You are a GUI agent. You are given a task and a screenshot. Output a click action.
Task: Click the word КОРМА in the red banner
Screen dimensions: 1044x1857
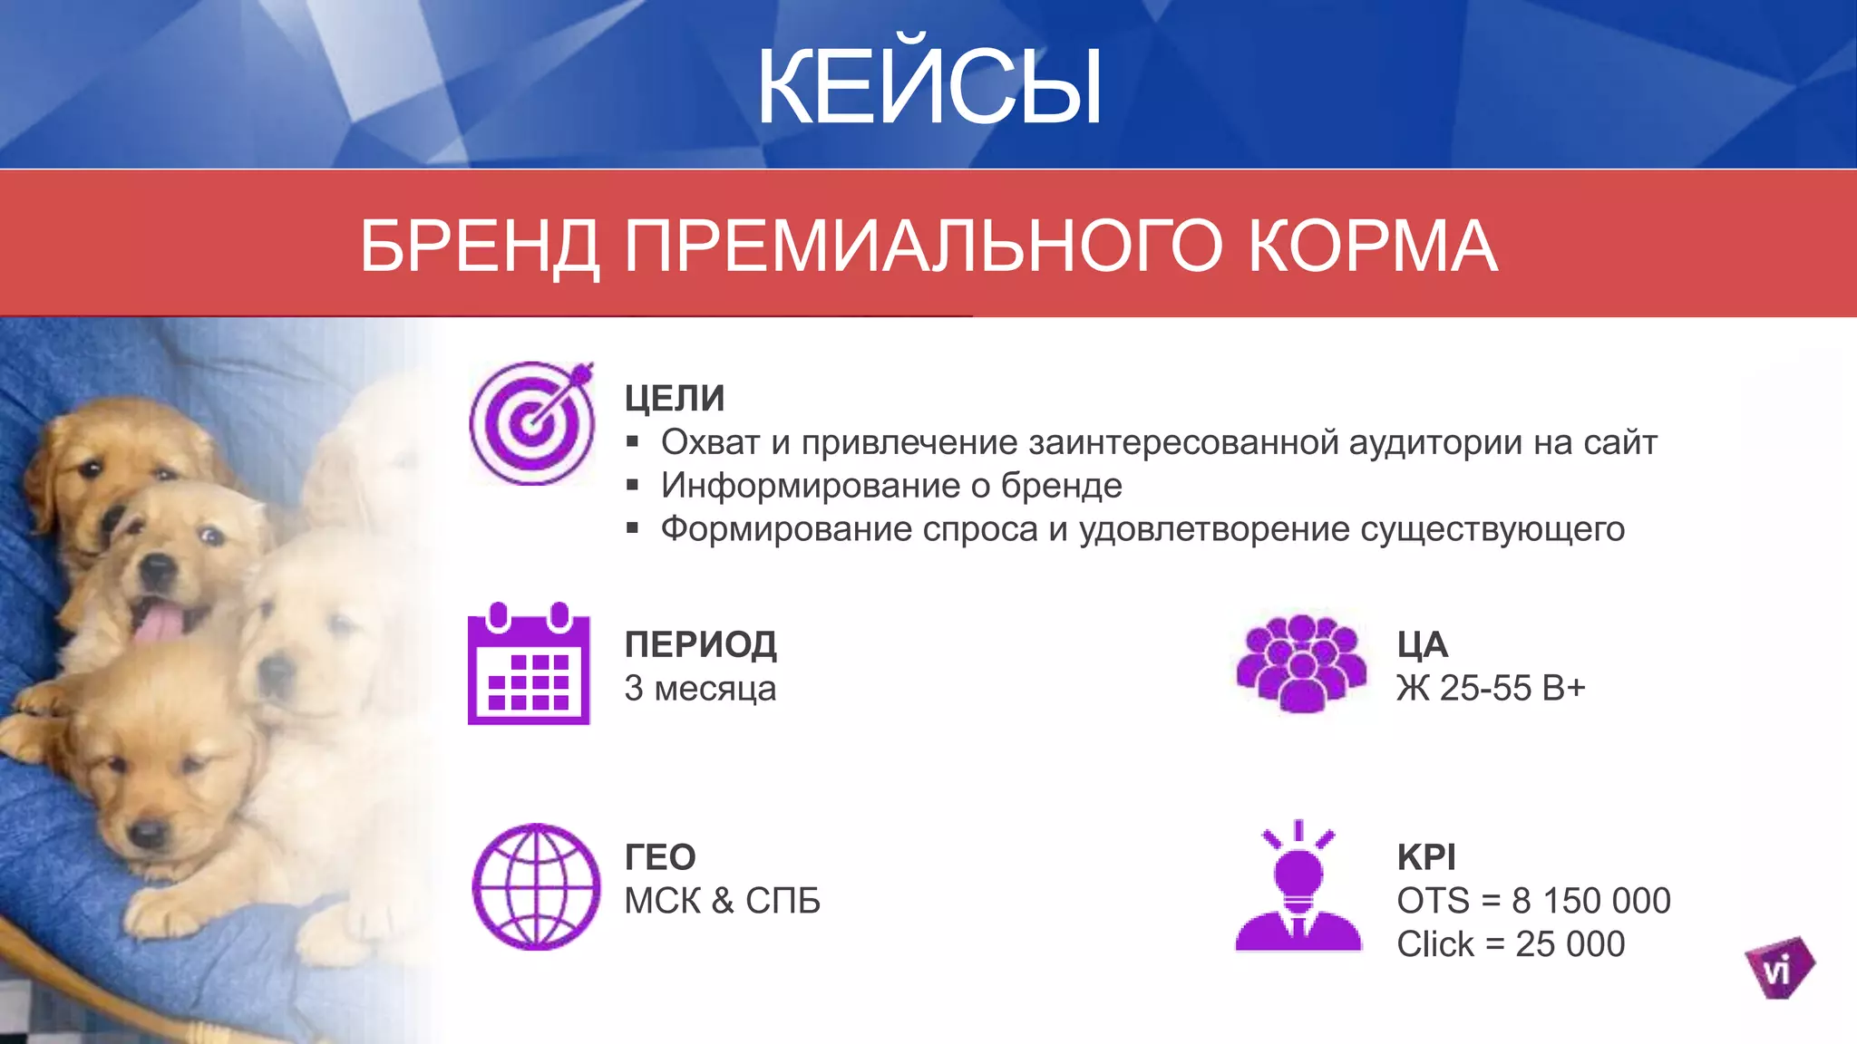[x=1372, y=246]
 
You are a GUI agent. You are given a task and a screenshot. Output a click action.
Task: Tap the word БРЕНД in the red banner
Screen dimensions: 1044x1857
[x=479, y=246]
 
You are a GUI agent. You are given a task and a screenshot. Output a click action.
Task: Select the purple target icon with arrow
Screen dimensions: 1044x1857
[x=532, y=422]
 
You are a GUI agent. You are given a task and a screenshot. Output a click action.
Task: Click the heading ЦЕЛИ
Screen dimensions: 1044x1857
[x=674, y=398]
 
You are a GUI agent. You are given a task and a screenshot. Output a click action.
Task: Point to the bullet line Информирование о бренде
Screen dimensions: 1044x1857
[x=890, y=486]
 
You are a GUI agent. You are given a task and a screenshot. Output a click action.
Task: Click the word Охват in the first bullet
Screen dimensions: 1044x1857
[x=710, y=442]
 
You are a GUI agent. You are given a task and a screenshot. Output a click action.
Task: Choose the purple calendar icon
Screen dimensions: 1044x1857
[x=529, y=664]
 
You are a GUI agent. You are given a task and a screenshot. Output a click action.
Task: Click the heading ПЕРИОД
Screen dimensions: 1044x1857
[x=700, y=644]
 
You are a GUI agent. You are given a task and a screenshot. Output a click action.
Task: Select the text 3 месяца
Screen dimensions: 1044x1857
[x=700, y=689]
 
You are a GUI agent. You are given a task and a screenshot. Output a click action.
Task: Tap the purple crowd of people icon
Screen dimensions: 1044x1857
[x=1301, y=662]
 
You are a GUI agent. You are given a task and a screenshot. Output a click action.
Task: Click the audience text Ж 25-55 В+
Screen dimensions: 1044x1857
[x=1491, y=689]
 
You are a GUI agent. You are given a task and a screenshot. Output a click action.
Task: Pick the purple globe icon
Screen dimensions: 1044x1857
[x=536, y=886]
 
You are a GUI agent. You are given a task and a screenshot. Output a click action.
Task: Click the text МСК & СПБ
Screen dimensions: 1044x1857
[x=722, y=901]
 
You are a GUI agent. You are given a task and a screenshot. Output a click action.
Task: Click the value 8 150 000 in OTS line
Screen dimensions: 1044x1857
[x=1590, y=901]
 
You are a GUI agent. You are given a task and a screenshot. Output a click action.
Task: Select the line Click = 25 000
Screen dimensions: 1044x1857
[x=1510, y=944]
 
